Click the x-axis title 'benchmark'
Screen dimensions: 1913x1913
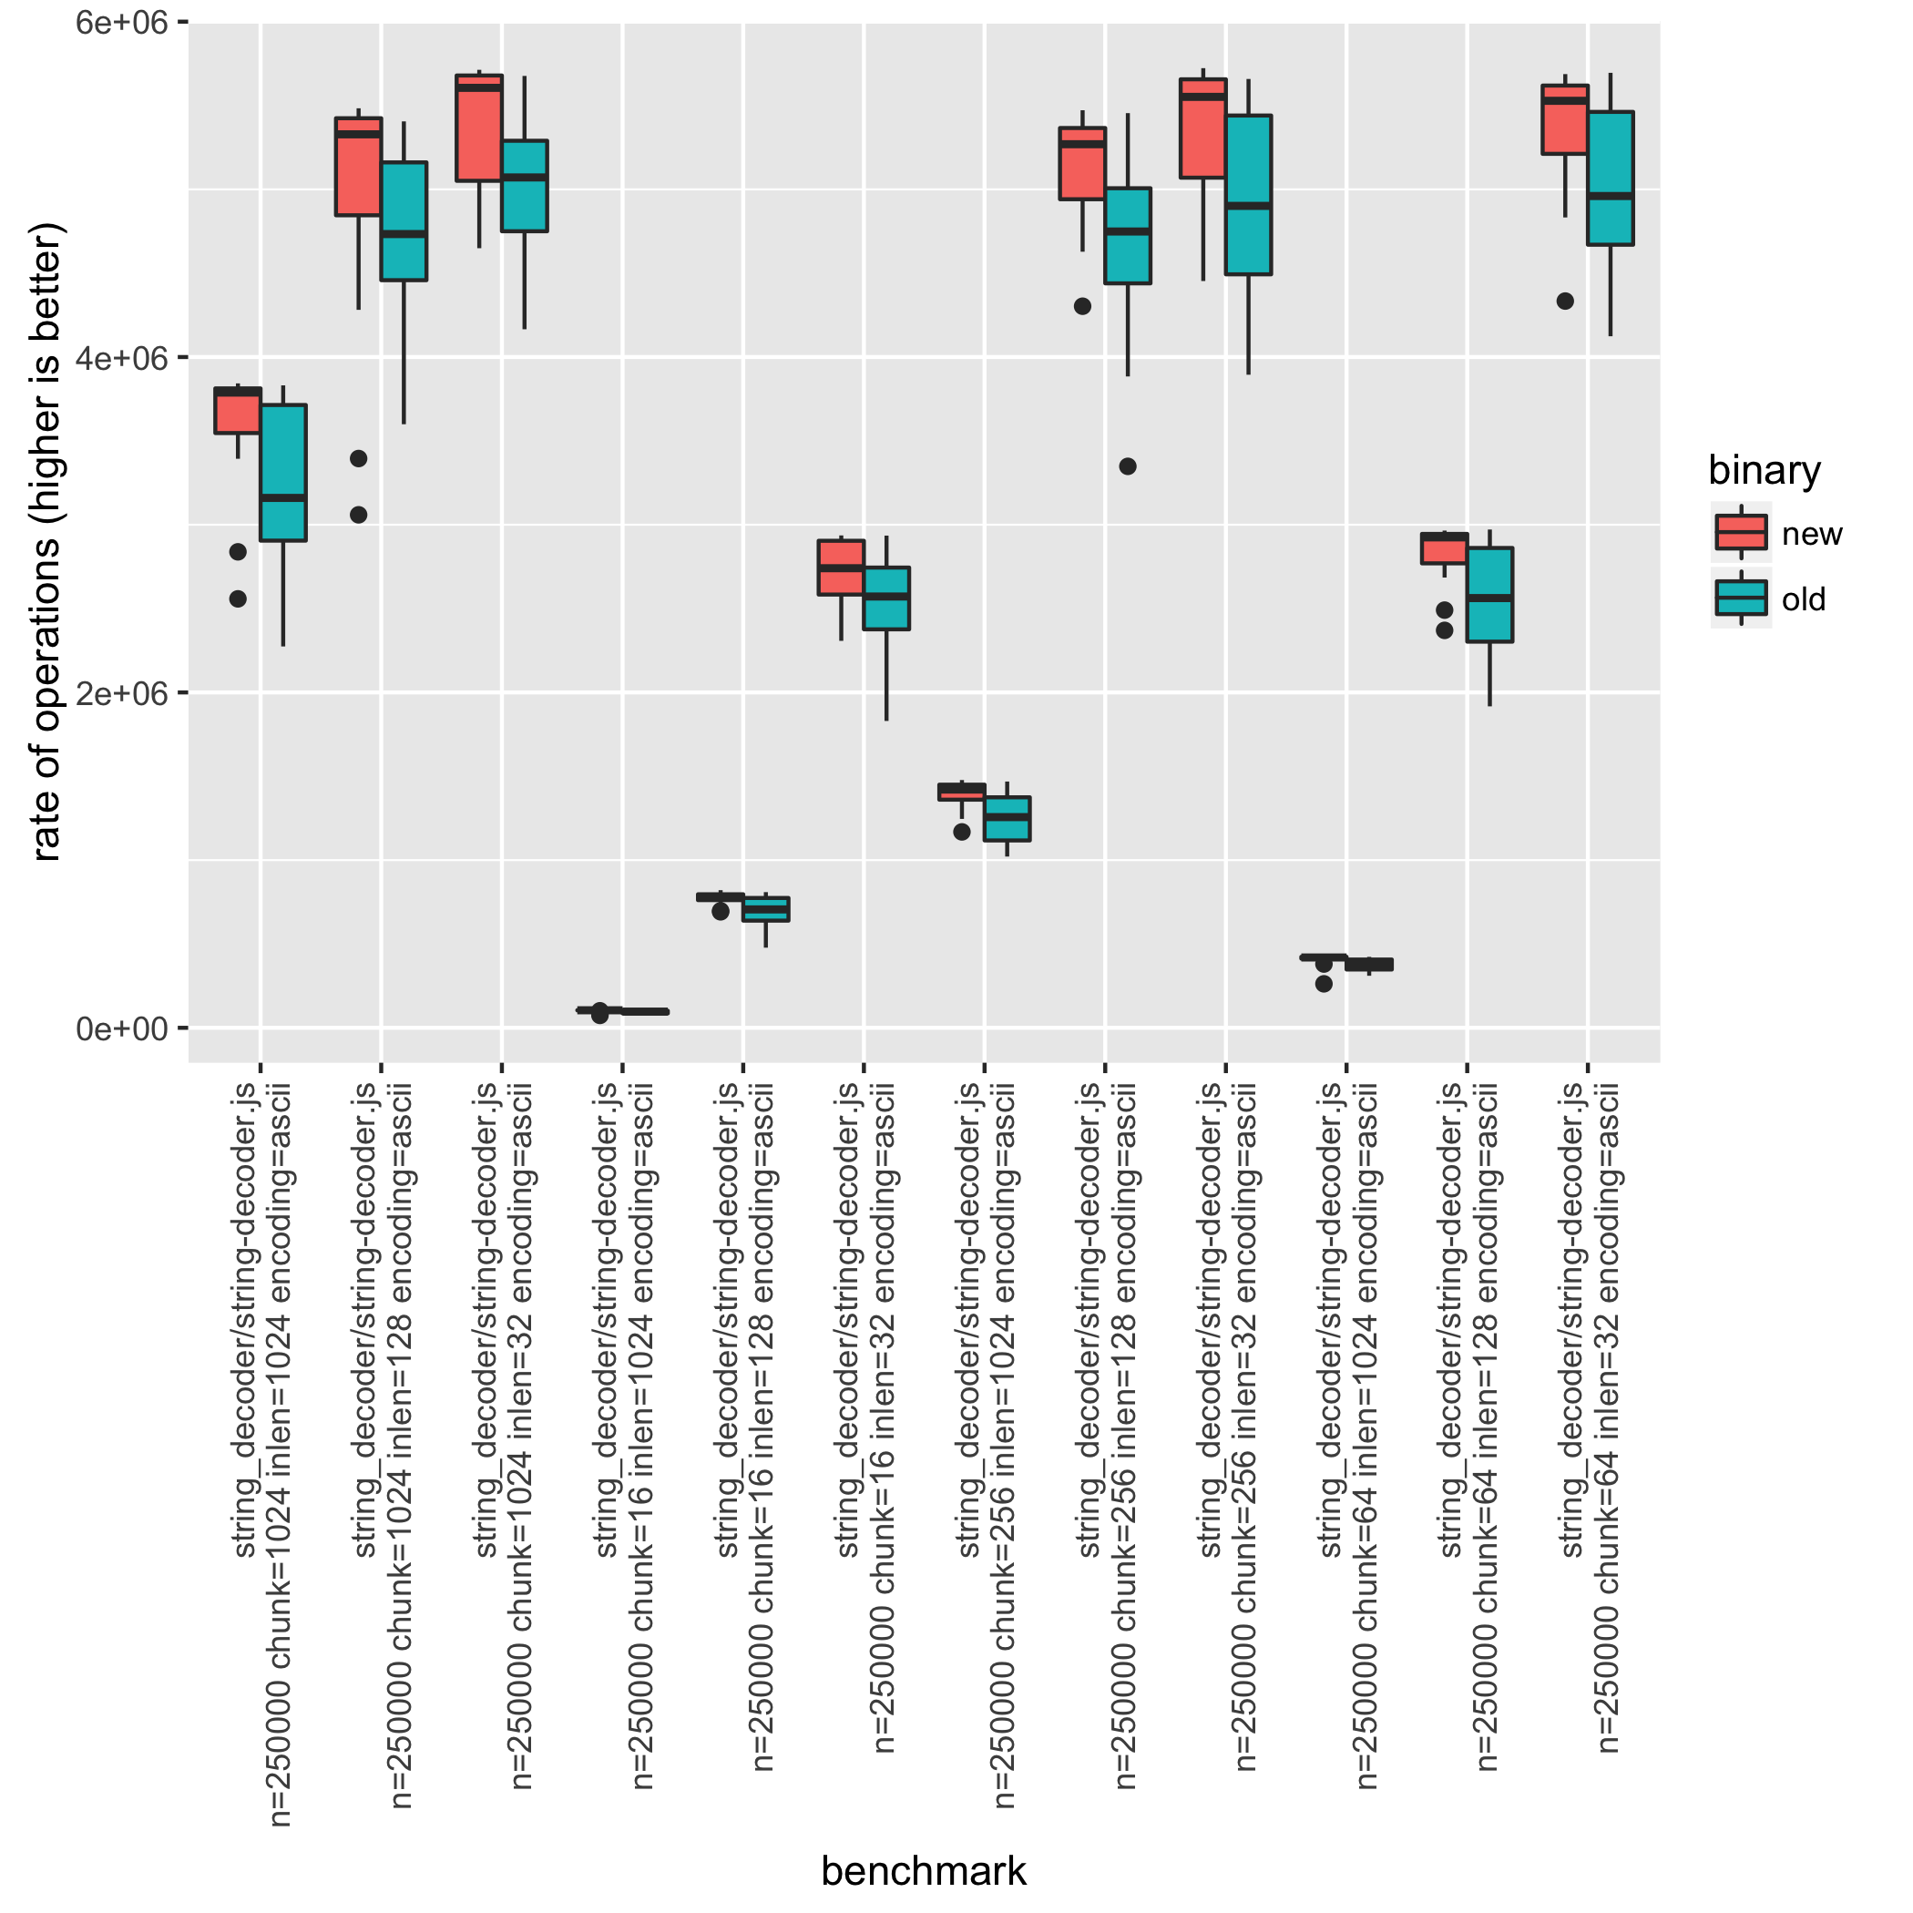pyautogui.click(x=923, y=1871)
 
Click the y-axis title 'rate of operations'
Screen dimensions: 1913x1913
pyautogui.click(x=46, y=540)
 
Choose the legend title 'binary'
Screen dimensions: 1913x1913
pyautogui.click(x=1764, y=469)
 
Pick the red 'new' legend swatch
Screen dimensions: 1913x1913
pyautogui.click(x=1741, y=533)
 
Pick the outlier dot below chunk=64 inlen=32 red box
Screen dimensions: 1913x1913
pyautogui.click(x=1564, y=301)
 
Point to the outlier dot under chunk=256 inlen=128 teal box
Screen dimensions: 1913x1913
pyautogui.click(x=1127, y=466)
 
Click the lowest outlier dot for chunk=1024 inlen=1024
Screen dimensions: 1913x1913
pyautogui.click(x=238, y=599)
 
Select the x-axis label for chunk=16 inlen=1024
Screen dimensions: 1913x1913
pyautogui.click(x=624, y=1436)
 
